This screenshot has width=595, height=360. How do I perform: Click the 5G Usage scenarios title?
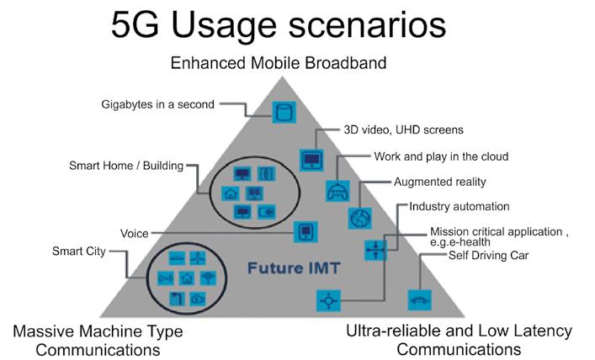[x=279, y=25]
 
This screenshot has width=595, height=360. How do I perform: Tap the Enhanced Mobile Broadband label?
[x=279, y=63]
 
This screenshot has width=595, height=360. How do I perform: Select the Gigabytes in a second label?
[x=158, y=104]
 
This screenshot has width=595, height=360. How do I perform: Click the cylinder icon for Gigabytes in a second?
[x=284, y=112]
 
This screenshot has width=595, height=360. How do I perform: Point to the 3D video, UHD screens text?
[x=403, y=130]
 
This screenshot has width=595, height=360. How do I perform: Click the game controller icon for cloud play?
[x=337, y=191]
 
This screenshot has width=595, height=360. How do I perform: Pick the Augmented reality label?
[x=440, y=182]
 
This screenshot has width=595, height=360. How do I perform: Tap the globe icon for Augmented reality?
[x=360, y=218]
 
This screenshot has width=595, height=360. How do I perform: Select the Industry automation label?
[x=460, y=207]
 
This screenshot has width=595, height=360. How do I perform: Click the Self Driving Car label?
[x=488, y=256]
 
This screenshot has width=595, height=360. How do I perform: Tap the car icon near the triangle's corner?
[x=420, y=300]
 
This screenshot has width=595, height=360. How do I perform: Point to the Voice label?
[x=135, y=234]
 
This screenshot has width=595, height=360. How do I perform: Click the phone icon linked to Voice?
[x=305, y=231]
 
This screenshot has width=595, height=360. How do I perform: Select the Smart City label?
[x=79, y=251]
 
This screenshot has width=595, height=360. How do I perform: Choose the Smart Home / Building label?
[x=126, y=166]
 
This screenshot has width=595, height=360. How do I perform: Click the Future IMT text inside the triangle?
[x=294, y=268]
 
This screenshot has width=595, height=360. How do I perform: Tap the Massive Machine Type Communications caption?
[x=98, y=341]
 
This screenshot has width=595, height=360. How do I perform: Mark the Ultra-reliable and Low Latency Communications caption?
[x=459, y=340]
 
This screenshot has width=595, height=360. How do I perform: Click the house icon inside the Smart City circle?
[x=187, y=278]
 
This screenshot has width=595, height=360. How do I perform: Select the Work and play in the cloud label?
[x=441, y=156]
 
